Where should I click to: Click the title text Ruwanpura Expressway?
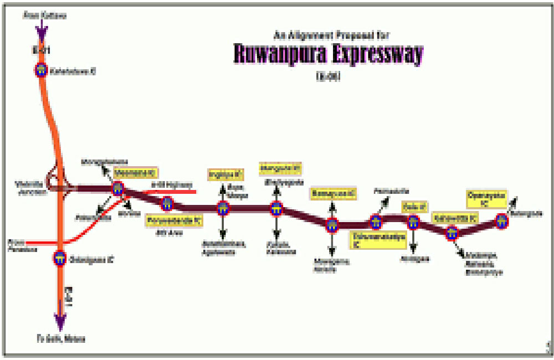[328, 54]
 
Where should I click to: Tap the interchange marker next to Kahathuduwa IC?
[41, 70]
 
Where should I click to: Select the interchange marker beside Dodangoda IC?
[60, 259]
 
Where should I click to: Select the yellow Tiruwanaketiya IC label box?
[379, 240]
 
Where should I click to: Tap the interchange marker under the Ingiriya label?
[223, 209]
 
